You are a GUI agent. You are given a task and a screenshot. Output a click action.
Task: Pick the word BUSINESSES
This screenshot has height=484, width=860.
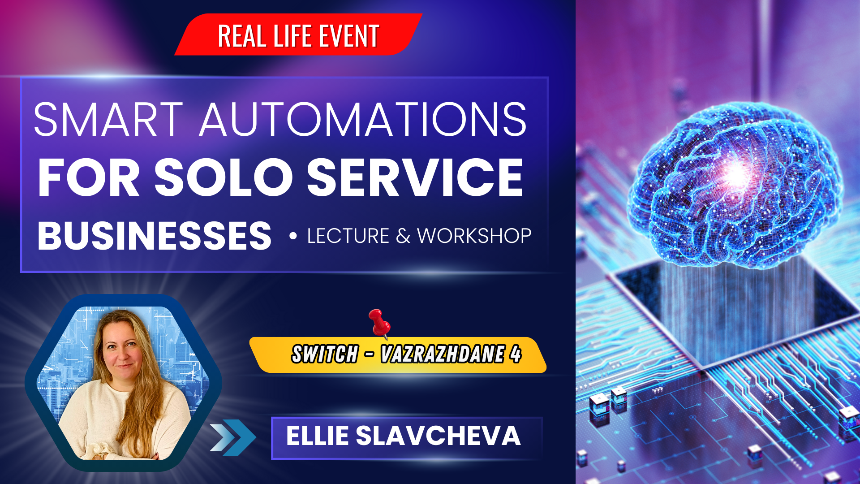click(x=155, y=236)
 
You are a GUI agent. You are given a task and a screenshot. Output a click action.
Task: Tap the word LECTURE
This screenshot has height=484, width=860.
click(x=348, y=236)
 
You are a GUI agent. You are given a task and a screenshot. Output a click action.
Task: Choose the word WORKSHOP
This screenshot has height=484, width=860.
click(x=474, y=236)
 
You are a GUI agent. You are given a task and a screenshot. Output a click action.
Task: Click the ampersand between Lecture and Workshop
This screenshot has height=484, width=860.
click(x=403, y=236)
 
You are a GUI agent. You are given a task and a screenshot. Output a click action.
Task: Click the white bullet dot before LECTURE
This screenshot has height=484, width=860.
click(x=293, y=236)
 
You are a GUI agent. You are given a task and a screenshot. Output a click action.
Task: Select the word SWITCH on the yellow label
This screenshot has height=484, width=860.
click(x=325, y=354)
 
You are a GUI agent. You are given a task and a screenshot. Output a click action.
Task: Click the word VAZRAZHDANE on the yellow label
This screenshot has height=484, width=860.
click(x=443, y=354)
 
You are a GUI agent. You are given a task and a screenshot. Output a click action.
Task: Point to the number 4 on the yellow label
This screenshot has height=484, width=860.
click(x=516, y=354)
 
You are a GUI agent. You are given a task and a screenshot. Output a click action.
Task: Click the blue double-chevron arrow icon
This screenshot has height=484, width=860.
click(x=233, y=437)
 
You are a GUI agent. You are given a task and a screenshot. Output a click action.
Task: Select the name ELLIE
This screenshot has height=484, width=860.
click(x=317, y=436)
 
